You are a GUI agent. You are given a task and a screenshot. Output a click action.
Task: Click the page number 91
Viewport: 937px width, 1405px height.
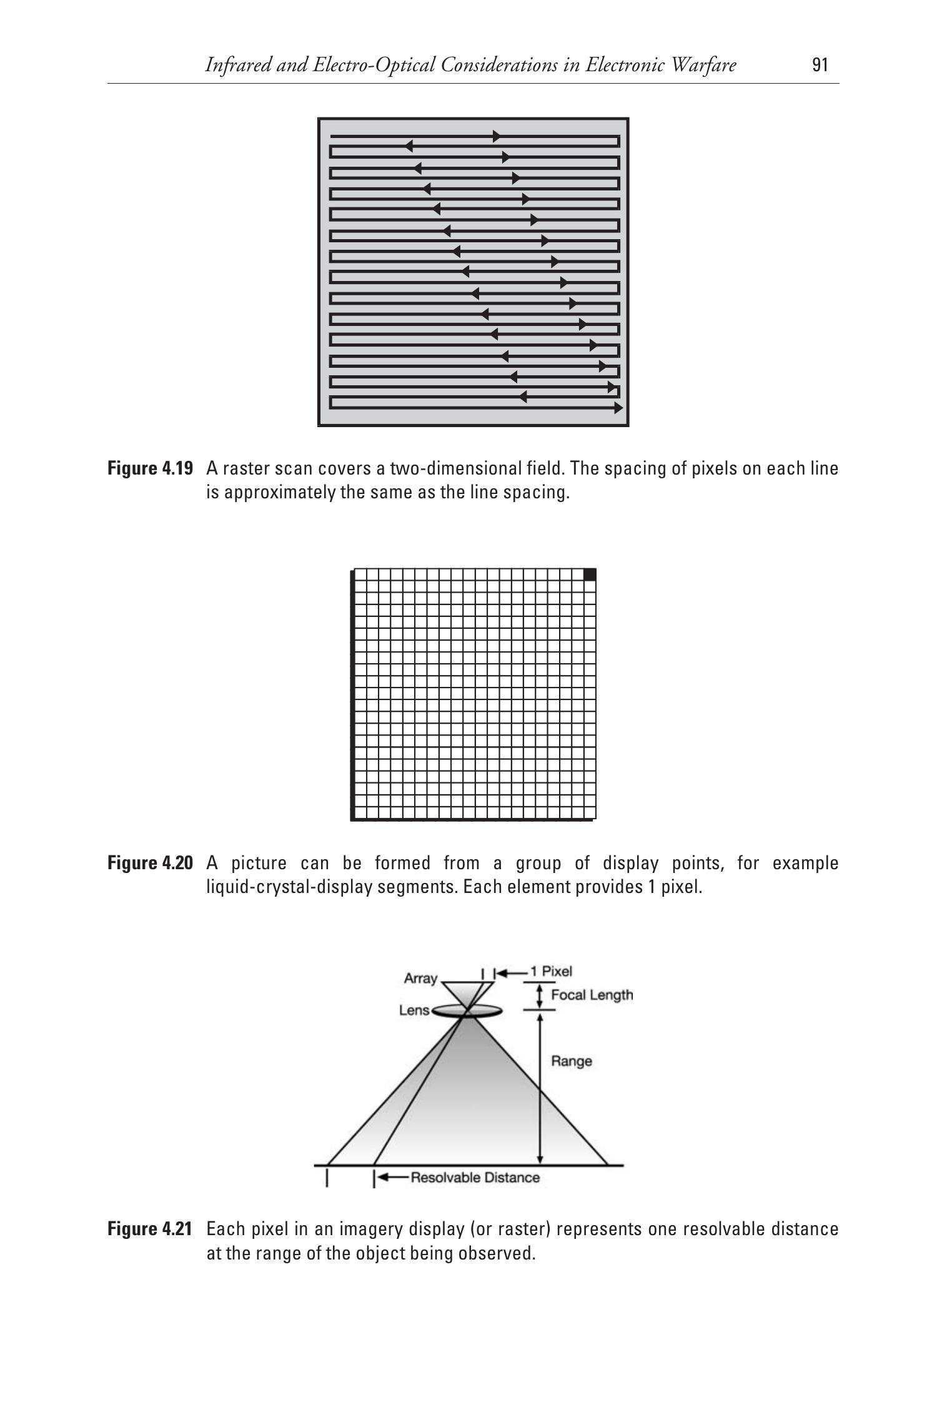point(820,65)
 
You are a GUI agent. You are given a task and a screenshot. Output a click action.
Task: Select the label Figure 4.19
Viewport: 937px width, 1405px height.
point(150,468)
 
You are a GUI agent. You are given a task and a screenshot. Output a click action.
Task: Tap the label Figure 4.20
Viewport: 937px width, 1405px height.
point(150,863)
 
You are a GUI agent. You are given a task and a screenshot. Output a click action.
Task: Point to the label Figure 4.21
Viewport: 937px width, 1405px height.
point(150,1229)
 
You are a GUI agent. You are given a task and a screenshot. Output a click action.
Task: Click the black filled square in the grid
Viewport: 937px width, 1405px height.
point(590,574)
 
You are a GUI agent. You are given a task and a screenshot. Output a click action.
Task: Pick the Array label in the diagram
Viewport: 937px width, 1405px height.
point(420,979)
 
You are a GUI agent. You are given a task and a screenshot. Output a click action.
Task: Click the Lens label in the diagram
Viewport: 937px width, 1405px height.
point(414,1010)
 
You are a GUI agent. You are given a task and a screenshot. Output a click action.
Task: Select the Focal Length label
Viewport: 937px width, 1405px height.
point(591,995)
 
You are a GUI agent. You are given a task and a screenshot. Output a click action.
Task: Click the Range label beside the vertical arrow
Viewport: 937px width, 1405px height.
point(571,1061)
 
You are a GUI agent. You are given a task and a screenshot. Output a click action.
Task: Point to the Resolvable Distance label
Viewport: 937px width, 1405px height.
point(475,1178)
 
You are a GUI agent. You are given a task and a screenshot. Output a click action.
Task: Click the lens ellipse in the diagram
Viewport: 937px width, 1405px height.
point(466,1011)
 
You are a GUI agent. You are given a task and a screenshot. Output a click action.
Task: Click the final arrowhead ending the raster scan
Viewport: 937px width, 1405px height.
point(618,408)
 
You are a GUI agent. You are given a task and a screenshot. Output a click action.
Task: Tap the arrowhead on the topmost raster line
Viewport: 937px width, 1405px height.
point(497,136)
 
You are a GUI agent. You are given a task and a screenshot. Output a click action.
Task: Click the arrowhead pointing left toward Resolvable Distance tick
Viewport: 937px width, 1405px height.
point(384,1178)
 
